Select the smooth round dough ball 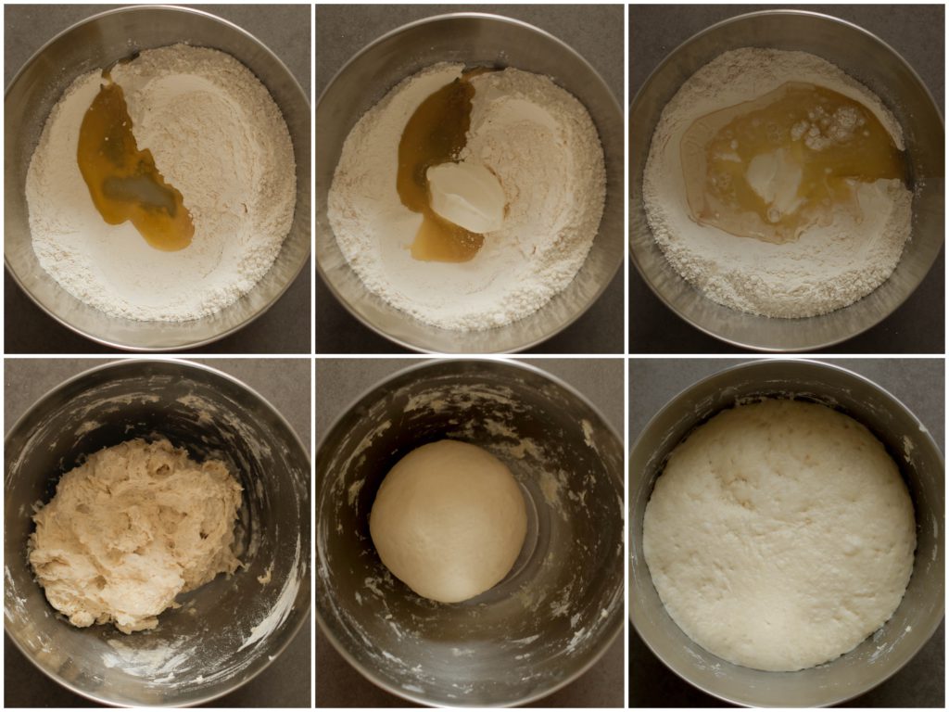[449, 519]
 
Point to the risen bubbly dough [778, 533]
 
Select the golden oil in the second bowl [431, 139]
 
